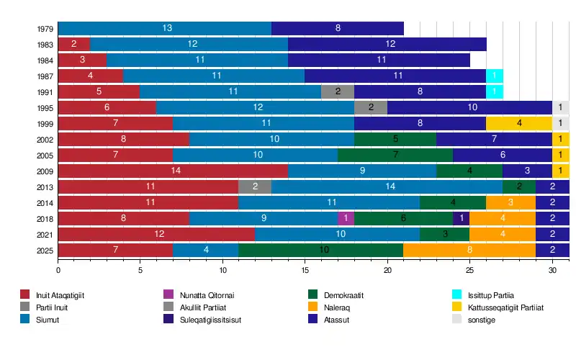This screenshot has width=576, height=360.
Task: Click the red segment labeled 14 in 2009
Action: click(173, 171)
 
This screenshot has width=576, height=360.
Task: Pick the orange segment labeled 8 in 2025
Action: click(469, 250)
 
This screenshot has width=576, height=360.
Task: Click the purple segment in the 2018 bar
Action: click(346, 218)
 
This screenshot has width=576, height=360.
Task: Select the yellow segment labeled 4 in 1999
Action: click(518, 123)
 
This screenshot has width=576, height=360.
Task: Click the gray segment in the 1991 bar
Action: click(338, 91)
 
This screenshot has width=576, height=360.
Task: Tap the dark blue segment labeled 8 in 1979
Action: click(338, 28)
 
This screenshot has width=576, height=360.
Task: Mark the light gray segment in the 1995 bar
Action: click(560, 107)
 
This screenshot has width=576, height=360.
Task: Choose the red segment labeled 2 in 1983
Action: click(74, 44)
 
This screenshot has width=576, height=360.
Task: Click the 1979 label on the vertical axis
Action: click(43, 29)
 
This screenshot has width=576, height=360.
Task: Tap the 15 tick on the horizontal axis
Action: click(305, 270)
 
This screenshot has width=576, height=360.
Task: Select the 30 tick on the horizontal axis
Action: click(552, 270)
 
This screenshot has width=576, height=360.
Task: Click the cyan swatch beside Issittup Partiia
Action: click(456, 294)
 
